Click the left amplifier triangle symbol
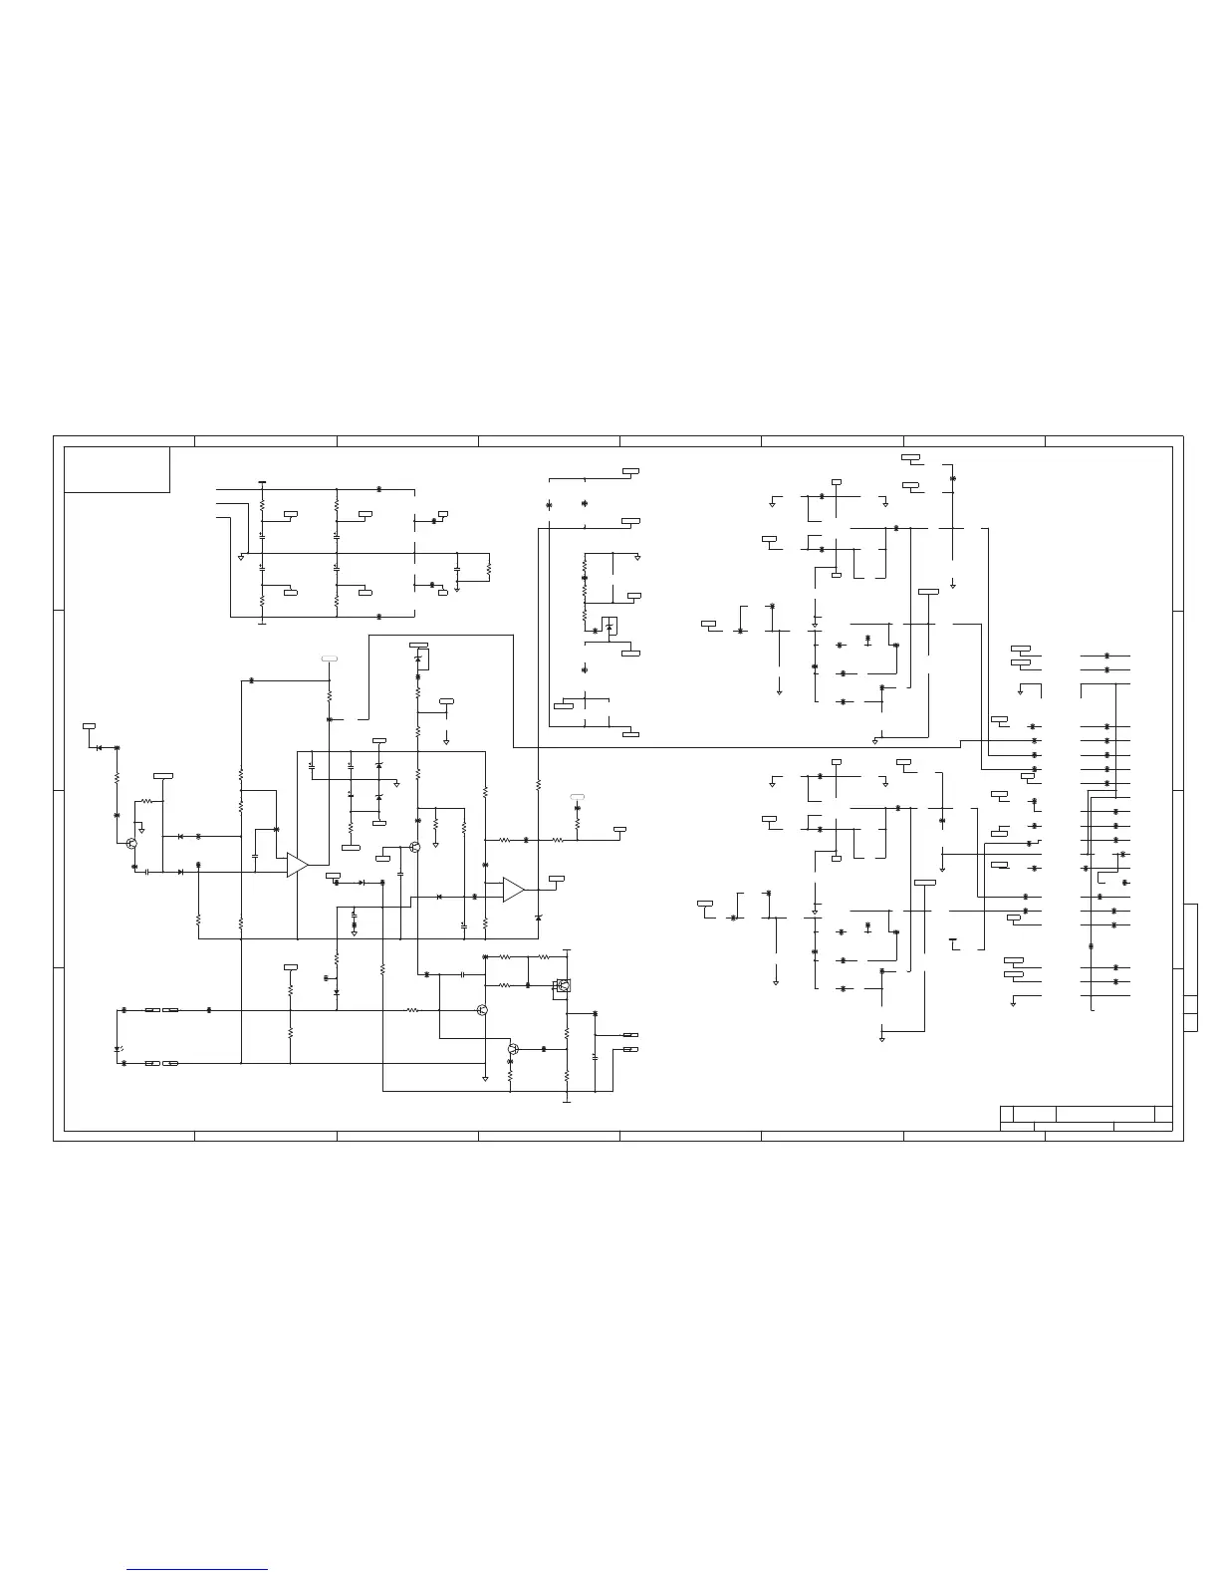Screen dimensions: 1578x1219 [297, 865]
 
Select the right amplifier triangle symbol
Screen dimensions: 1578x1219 [513, 890]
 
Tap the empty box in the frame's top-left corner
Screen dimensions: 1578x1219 [117, 469]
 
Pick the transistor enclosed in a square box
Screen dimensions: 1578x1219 [564, 986]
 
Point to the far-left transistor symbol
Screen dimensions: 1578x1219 [131, 843]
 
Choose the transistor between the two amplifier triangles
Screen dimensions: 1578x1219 [414, 847]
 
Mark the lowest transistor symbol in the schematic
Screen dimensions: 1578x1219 [513, 1049]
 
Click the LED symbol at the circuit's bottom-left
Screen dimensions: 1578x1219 [120, 1048]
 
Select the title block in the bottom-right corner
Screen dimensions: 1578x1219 [1086, 1119]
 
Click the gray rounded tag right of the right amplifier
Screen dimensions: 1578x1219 [578, 797]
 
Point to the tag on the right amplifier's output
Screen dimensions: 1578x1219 [557, 878]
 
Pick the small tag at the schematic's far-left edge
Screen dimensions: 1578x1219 [89, 726]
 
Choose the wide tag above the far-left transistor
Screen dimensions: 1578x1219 [163, 774]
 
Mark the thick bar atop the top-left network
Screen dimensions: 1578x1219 [262, 483]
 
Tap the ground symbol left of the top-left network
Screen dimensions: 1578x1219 [241, 557]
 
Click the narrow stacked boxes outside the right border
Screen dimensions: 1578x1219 [1190, 967]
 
